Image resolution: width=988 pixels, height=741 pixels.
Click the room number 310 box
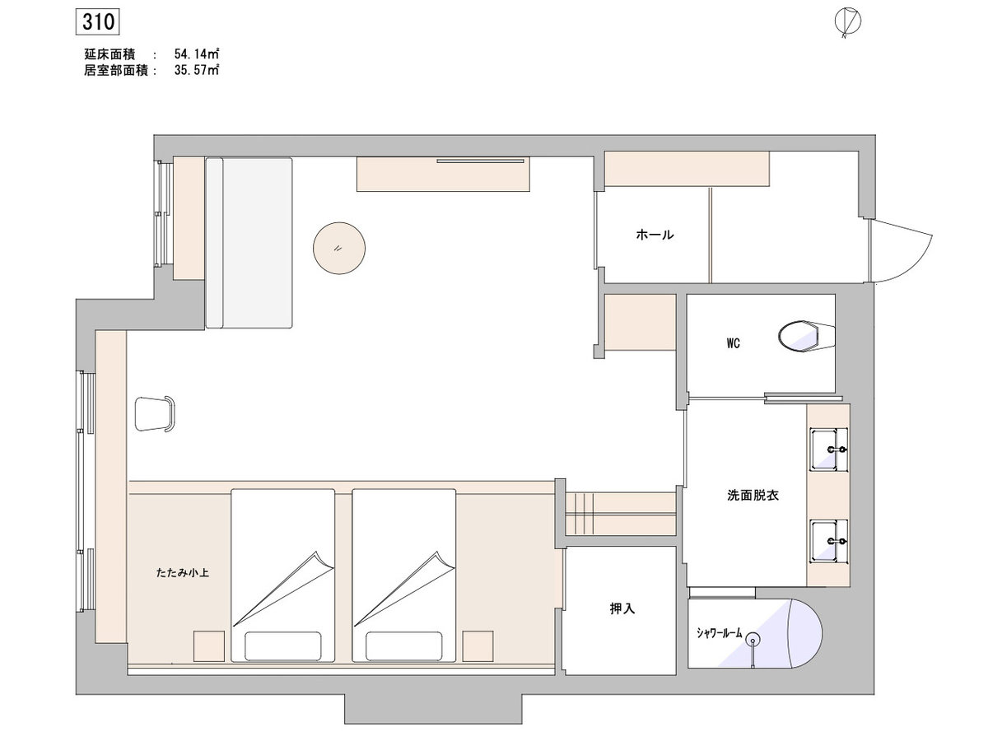click(97, 22)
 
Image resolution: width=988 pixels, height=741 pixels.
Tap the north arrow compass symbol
click(847, 22)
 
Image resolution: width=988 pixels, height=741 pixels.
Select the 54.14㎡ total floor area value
click(196, 54)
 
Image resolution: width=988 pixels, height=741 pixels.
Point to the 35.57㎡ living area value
click(196, 70)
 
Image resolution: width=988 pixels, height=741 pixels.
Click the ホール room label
click(655, 235)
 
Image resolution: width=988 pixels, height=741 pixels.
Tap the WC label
click(733, 343)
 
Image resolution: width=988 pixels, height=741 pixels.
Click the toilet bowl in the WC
click(806, 336)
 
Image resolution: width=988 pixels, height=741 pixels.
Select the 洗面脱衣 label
click(753, 496)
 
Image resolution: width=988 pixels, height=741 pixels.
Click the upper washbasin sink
click(828, 450)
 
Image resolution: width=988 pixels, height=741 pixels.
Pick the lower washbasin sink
click(828, 541)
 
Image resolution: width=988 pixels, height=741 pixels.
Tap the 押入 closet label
click(622, 608)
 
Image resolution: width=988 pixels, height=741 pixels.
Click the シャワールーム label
click(719, 633)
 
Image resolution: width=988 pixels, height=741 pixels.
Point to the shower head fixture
click(753, 639)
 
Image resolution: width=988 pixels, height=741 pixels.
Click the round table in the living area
click(339, 248)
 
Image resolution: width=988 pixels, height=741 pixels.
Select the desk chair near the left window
click(155, 414)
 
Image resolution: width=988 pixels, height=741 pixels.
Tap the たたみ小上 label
click(182, 573)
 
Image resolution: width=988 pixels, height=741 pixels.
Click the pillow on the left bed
click(283, 646)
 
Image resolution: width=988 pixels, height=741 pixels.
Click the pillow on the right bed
click(403, 646)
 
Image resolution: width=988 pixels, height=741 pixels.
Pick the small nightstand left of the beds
click(209, 646)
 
